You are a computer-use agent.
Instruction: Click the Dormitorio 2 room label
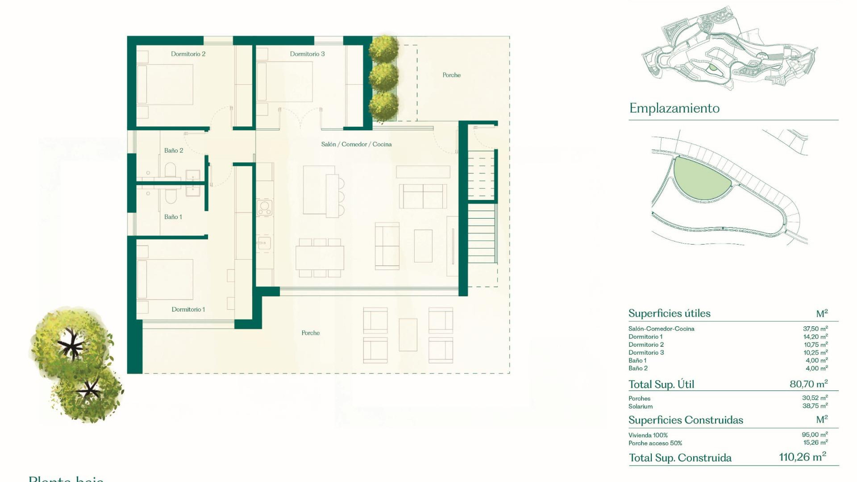[x=188, y=54]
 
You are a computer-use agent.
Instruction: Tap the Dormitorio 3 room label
[x=307, y=54]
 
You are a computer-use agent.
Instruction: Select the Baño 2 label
[x=173, y=150]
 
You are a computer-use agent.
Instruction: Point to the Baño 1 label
[x=173, y=217]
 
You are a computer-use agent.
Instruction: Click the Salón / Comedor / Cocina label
[x=356, y=144]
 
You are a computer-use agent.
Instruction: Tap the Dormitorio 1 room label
[x=188, y=309]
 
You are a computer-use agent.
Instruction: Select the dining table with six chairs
[x=320, y=258]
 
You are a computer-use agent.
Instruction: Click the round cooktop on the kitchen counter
[x=264, y=207]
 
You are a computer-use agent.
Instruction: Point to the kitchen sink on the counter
[x=264, y=243]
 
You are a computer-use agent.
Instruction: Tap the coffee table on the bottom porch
[x=408, y=335]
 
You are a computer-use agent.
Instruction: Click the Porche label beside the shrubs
[x=451, y=75]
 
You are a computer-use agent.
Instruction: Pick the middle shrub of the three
[x=383, y=77]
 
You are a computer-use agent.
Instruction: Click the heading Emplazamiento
[x=674, y=108]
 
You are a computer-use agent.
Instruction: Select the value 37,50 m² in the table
[x=815, y=328]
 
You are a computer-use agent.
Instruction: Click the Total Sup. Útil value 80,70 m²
[x=808, y=384]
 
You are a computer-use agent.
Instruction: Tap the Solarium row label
[x=640, y=407]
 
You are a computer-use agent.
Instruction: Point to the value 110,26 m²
[x=802, y=457]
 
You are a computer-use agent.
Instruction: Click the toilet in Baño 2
[x=170, y=170]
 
